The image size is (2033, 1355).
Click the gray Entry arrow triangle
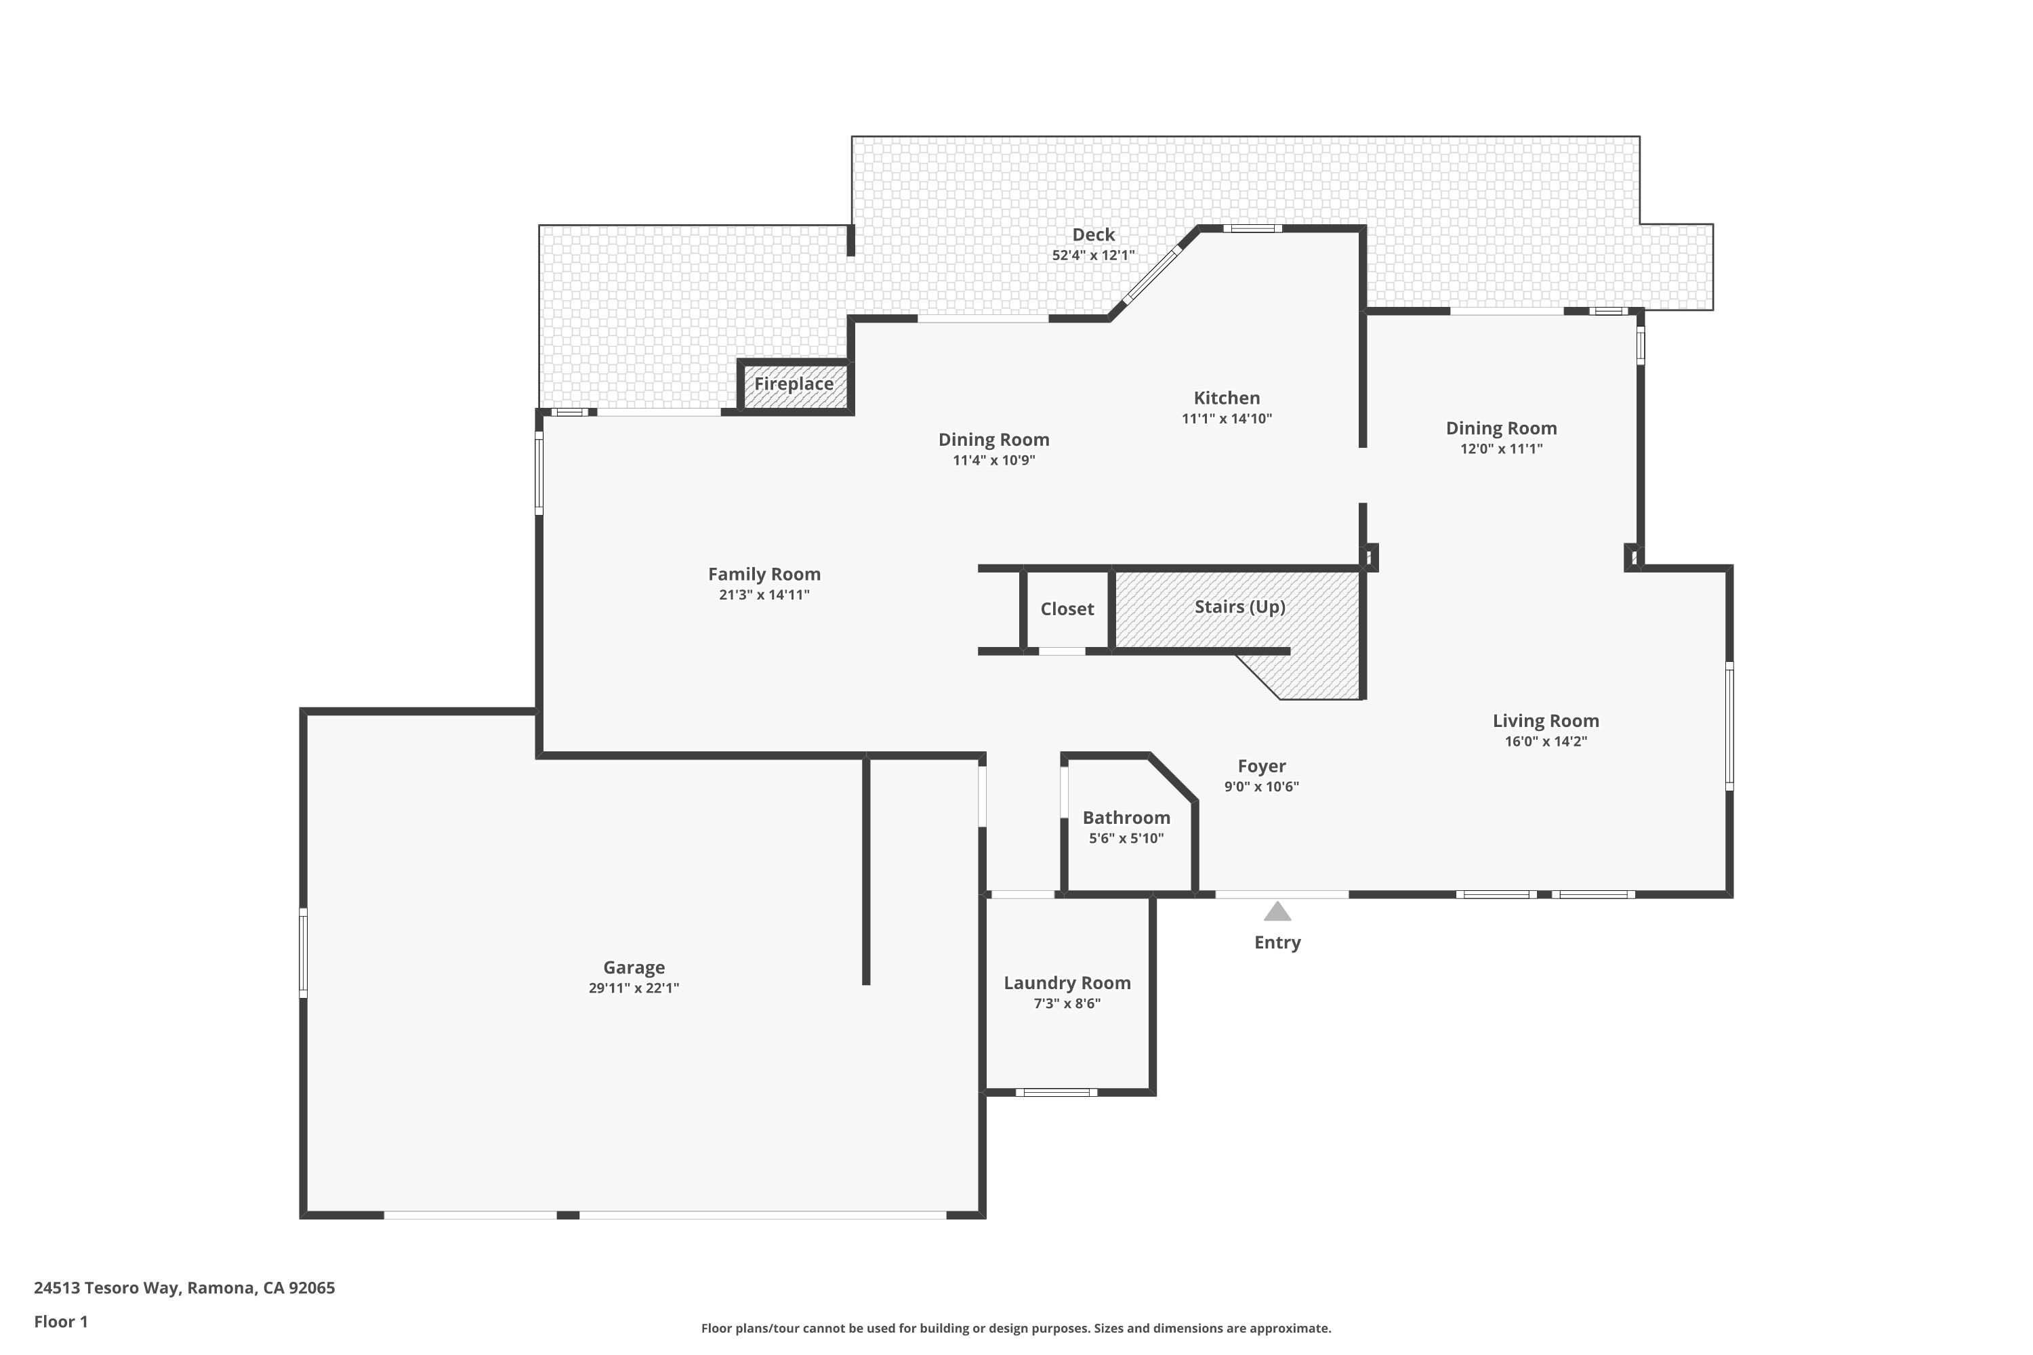pos(1277,912)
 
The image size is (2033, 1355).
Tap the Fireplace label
pos(794,383)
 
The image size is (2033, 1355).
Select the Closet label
pos(1067,609)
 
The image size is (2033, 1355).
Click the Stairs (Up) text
pos(1239,606)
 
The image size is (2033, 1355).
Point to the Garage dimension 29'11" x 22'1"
pos(634,988)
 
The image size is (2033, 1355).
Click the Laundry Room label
pos(1067,982)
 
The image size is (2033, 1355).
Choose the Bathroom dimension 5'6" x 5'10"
pos(1126,838)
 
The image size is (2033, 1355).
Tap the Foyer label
pos(1261,766)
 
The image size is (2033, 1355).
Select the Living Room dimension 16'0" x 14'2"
pos(1546,741)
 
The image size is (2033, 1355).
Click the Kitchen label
pos(1227,398)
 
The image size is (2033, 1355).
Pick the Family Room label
pos(764,574)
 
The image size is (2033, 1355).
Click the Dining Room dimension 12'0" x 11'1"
pos(1502,449)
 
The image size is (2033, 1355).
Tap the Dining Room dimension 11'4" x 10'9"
pos(993,460)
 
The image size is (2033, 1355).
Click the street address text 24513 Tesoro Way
pos(106,1288)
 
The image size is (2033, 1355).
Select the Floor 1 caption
pos(60,1321)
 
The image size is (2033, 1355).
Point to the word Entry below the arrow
pos(1277,942)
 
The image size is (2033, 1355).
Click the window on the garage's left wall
pos(304,953)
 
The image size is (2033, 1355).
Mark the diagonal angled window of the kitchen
pos(1151,276)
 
